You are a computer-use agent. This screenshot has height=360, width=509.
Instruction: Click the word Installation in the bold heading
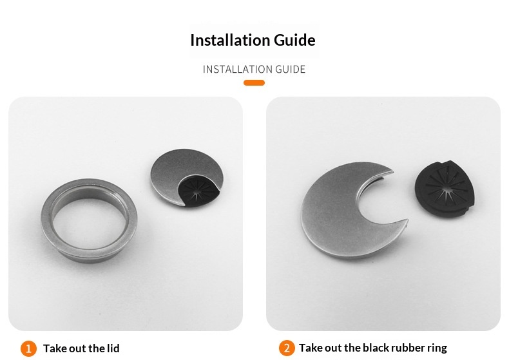point(230,40)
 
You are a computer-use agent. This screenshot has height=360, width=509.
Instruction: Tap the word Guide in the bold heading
point(294,40)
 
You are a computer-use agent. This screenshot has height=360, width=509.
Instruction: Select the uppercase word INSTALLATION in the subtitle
point(238,70)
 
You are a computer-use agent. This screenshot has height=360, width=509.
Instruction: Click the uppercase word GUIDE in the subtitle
point(290,70)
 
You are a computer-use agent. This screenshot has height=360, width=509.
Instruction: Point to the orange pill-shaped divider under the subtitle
point(254,82)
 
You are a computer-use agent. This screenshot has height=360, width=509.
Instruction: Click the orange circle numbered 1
point(28,348)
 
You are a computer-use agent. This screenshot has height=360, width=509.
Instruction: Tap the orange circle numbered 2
point(287,348)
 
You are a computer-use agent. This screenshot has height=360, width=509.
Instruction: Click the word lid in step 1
point(113,348)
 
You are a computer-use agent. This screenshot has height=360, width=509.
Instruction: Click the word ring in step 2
point(437,348)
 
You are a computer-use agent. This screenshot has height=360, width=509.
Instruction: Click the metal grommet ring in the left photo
point(47,220)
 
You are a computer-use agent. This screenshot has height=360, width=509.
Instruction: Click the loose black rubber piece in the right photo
point(445,189)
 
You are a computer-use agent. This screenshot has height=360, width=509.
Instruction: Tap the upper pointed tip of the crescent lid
point(392,170)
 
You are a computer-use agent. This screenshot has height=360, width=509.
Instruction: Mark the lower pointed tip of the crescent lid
point(407,220)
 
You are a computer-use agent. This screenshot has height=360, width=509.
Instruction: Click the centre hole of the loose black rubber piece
point(445,188)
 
